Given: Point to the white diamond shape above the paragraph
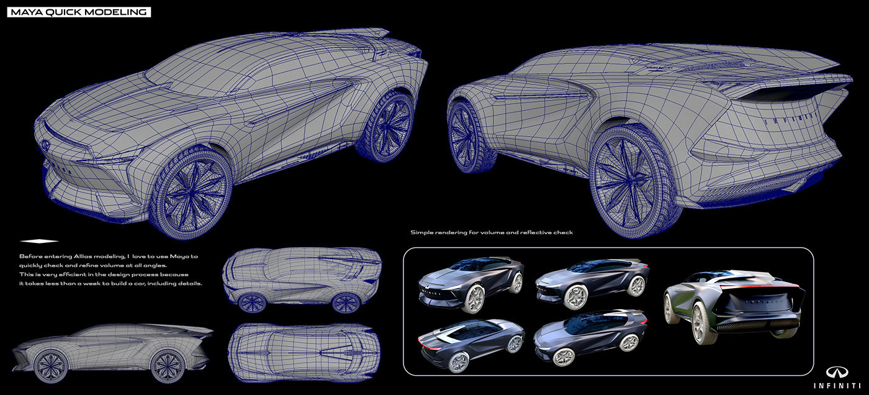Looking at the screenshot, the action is [x=39, y=241].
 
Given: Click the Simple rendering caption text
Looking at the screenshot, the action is [x=491, y=232].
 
